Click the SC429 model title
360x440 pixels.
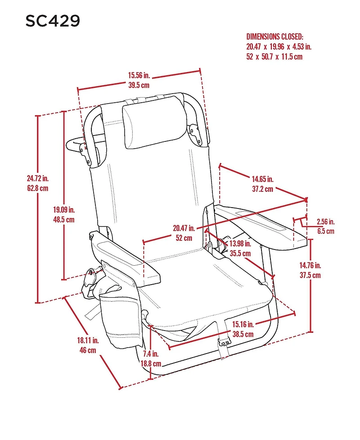click(53, 21)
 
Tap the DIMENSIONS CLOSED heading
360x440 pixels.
click(275, 36)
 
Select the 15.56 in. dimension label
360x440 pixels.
click(139, 76)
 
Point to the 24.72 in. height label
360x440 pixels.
click(37, 179)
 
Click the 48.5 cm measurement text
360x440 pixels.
click(63, 220)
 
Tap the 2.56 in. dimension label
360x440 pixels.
click(325, 222)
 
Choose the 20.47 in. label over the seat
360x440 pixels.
click(184, 228)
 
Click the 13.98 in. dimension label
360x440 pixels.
click(240, 244)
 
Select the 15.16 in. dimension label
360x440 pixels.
click(243, 324)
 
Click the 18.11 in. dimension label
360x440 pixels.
click(88, 340)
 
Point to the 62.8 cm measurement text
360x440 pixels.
click(37, 189)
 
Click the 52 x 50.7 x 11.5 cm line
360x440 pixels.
click(274, 57)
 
